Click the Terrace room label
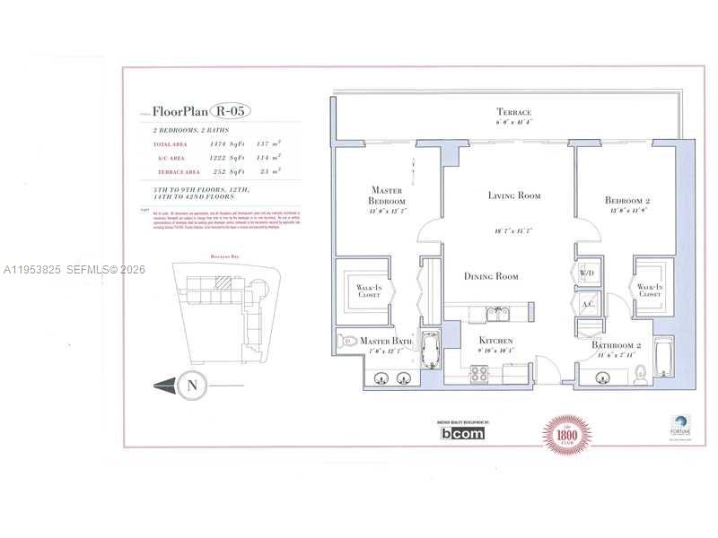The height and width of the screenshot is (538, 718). click(x=514, y=112)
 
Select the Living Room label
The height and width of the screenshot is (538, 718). click(x=514, y=195)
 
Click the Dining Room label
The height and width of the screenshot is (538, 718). click(x=491, y=276)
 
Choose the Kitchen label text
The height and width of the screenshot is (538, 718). click(x=495, y=341)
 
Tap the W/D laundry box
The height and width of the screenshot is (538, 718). click(x=590, y=272)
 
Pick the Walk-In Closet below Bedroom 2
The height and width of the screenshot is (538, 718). click(x=649, y=289)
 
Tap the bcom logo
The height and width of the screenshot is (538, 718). click(x=462, y=433)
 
